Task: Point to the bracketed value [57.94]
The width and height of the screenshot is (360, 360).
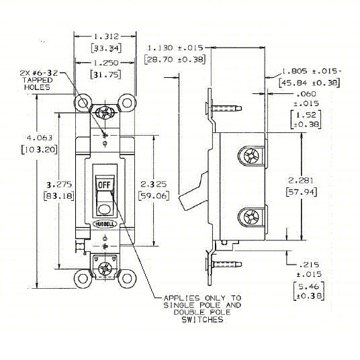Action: point(300,191)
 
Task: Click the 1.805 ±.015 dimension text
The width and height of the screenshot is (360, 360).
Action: point(310,71)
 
